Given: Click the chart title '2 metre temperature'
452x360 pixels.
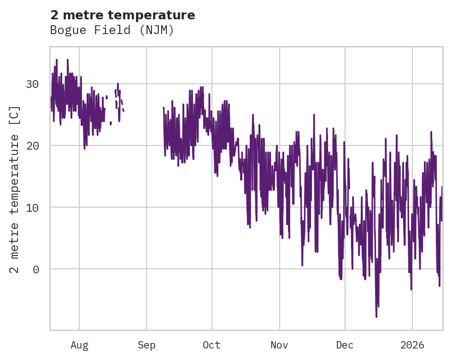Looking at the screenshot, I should pos(123,15).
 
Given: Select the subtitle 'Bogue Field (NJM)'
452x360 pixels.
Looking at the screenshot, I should pos(112,30).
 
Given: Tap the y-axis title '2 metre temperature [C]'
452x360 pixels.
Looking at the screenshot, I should pos(15,189).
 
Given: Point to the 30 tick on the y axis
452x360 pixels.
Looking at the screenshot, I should pos(32,84).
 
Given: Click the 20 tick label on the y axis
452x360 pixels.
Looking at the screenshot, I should pos(32,146).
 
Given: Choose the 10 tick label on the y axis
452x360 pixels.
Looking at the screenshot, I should pos(32,208).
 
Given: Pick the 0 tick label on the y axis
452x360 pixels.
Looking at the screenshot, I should pos(35,269).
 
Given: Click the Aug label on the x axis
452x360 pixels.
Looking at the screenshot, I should pos(79,345).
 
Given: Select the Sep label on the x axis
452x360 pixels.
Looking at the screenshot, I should pos(147,345).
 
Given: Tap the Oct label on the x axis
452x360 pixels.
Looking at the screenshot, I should pos(212,345).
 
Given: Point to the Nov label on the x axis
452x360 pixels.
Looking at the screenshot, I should pos(279,345).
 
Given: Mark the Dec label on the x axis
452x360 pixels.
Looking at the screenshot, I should pos(345,345).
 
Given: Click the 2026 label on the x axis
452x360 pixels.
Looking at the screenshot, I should pos(412,345).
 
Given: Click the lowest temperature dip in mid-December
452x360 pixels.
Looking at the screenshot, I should pos(376,317).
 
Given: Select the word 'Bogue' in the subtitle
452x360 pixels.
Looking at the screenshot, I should pos(65,30).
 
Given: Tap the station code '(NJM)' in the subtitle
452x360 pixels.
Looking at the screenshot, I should pos(159,30).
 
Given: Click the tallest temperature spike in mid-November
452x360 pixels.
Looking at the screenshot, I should pos(314,115).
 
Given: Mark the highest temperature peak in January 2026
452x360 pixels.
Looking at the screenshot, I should pos(431,132).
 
